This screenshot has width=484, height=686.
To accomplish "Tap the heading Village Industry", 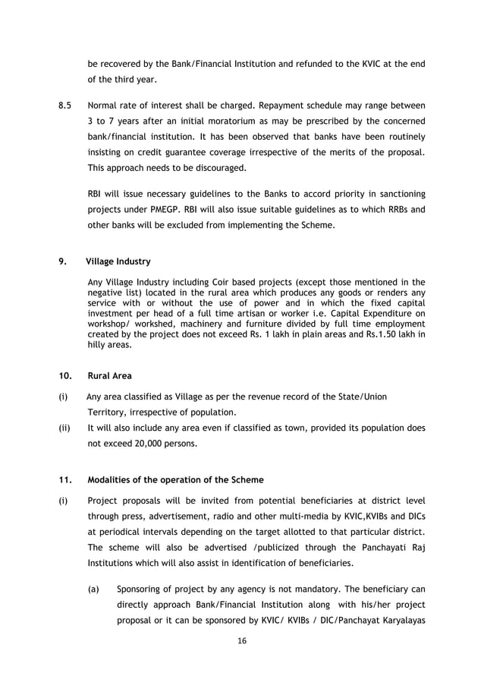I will (x=118, y=261).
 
